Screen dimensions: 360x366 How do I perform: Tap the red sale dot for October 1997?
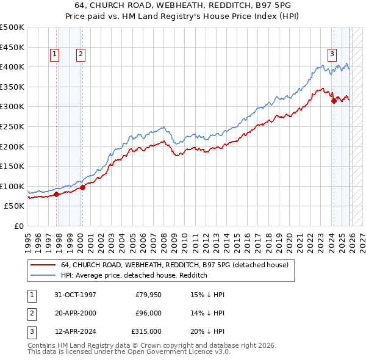pos(56,195)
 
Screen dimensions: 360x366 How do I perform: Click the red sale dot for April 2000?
pos(82,188)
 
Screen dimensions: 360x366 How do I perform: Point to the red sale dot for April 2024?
pos(334,101)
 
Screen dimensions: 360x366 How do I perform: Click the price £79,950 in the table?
pos(148,295)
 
